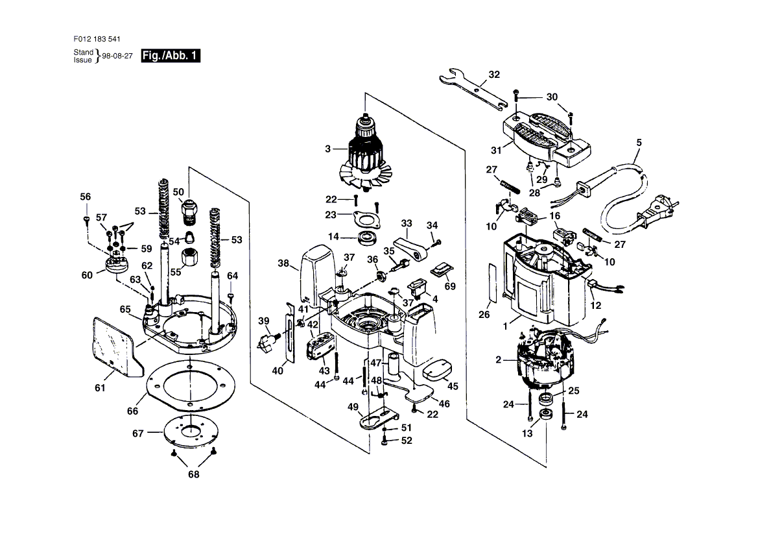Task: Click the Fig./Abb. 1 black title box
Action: pos(171,56)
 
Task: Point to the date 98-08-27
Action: pos(117,56)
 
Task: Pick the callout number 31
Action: pos(497,151)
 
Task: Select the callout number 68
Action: pos(193,474)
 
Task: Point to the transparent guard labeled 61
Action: pos(116,344)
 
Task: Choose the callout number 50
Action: pos(178,192)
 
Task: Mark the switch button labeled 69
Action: pos(445,269)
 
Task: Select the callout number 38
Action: pos(283,264)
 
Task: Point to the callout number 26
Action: pos(484,315)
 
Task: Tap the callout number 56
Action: pos(86,197)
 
